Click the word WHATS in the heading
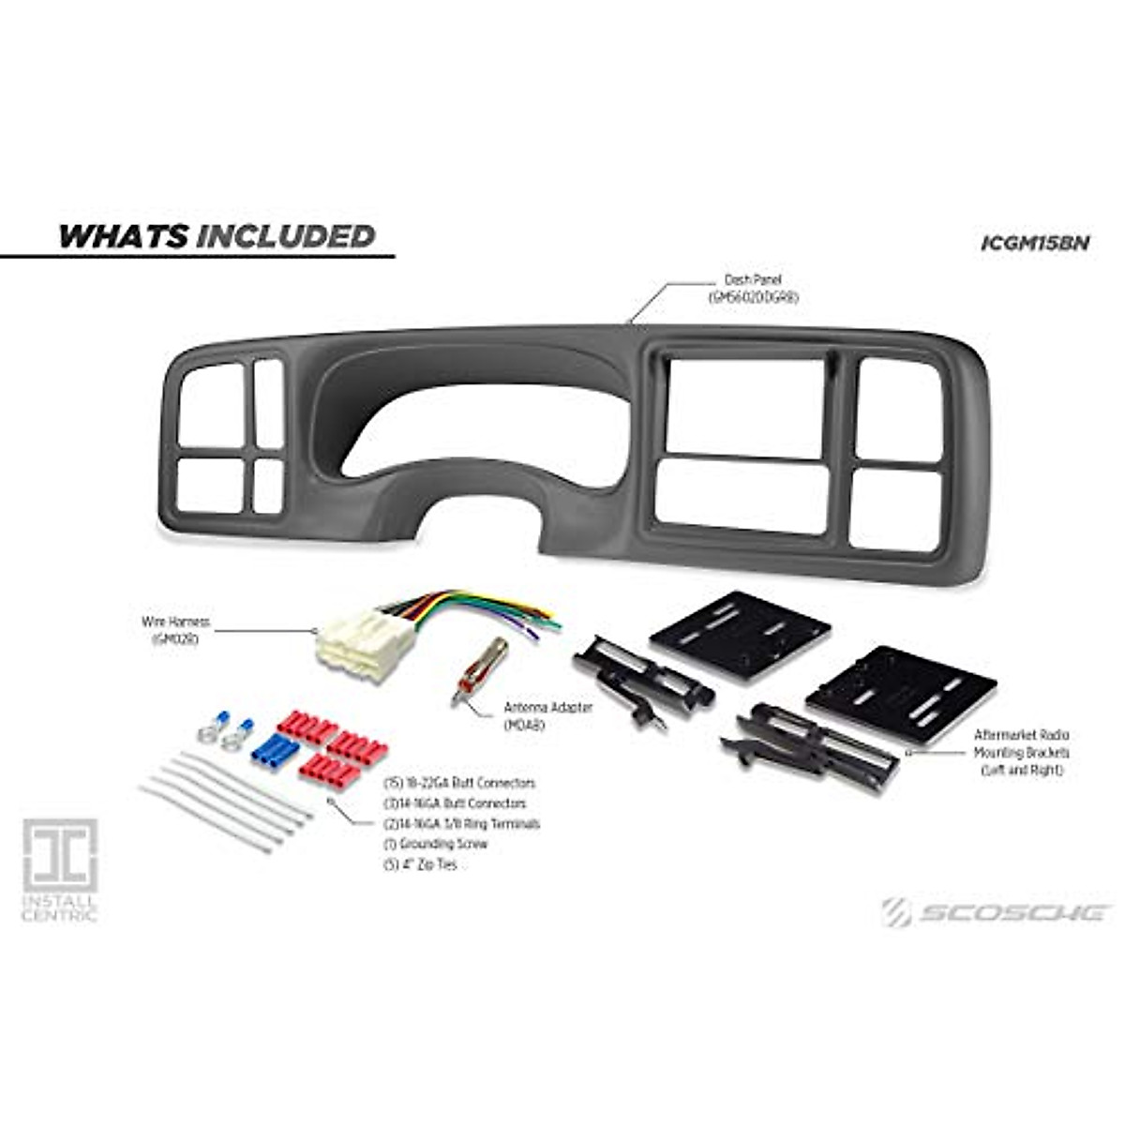[x=123, y=235]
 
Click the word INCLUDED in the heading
[x=285, y=235]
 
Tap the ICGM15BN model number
[x=1034, y=242]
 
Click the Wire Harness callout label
[x=175, y=629]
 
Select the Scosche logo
[x=996, y=911]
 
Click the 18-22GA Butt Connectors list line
[x=459, y=783]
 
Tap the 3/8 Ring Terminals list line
[x=462, y=824]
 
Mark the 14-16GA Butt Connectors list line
[x=456, y=803]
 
